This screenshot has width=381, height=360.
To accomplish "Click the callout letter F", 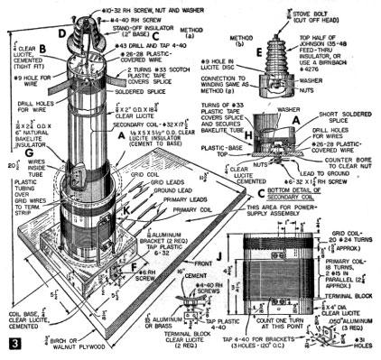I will pyautogui.click(x=138, y=267).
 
